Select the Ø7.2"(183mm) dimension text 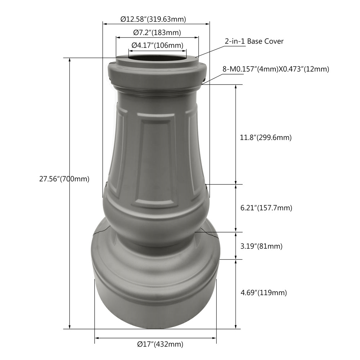(157, 32)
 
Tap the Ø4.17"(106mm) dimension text (157, 45)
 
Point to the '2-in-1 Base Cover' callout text (254, 41)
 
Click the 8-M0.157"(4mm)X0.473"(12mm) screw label (276, 69)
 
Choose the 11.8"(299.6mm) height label (266, 137)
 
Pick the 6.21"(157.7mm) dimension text (266, 208)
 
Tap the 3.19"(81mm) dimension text (261, 247)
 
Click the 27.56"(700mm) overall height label (64, 179)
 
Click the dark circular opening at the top (157, 58)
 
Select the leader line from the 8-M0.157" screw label (214, 77)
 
